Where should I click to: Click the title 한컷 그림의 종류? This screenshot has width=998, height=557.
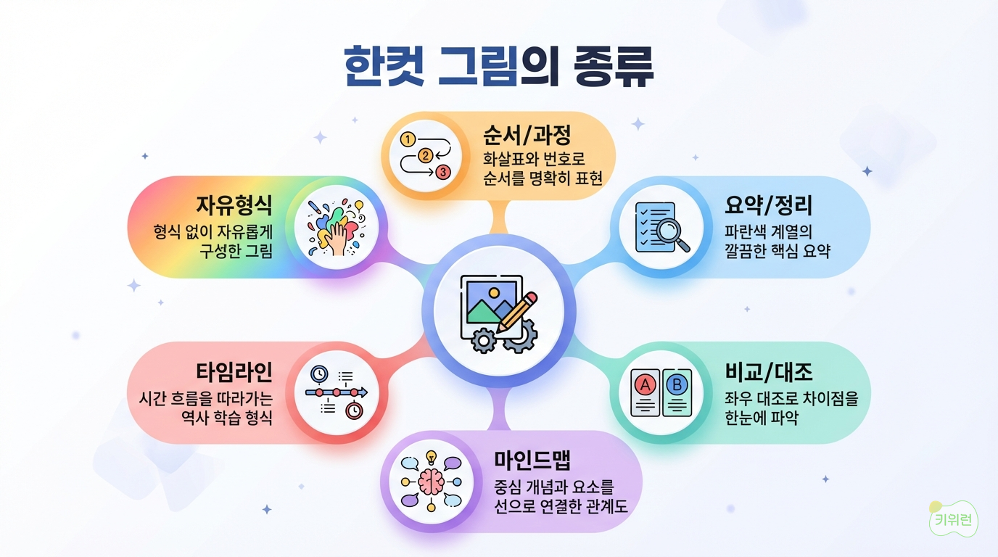pos(499,67)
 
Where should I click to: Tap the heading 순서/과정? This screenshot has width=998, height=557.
pos(527,135)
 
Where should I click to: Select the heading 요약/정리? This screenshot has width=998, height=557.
pos(769,205)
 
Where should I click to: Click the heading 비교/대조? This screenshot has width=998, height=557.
pos(769,371)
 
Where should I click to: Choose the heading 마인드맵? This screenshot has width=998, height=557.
pos(532,460)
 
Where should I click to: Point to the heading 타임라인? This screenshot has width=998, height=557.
pos(234,371)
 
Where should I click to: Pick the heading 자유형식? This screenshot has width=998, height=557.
pos(234,205)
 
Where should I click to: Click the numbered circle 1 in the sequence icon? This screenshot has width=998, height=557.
pos(407,139)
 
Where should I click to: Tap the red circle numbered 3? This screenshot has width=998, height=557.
pos(443,172)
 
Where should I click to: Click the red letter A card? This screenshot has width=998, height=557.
pos(645,392)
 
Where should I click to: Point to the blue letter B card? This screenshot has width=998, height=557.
pos(677,392)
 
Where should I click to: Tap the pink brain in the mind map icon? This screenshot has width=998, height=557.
pos(431,482)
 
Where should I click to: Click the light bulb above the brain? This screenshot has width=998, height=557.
pos(431,457)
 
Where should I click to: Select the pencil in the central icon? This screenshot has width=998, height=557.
pos(517,313)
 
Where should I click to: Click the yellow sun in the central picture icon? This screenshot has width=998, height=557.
pos(494,293)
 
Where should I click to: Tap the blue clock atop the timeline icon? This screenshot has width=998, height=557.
pos(319,374)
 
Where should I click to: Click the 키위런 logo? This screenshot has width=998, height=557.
pos(954,519)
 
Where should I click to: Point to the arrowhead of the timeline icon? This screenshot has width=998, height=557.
pos(364,392)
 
